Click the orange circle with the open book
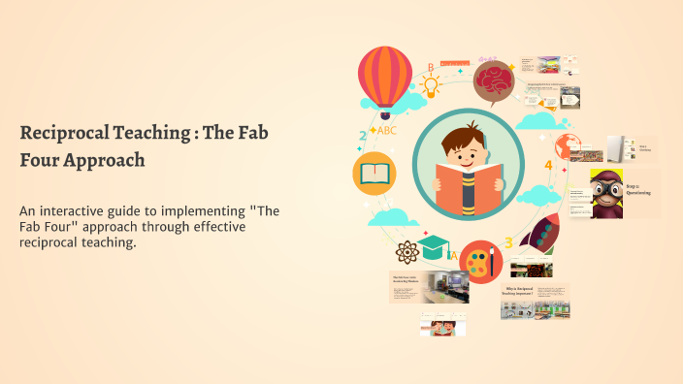pyautogui.click(x=374, y=174)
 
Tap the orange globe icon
pyautogui.click(x=568, y=144)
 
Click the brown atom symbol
pyautogui.click(x=406, y=255)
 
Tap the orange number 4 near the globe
pyautogui.click(x=549, y=166)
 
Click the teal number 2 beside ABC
pyautogui.click(x=363, y=136)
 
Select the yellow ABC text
pyautogui.click(x=387, y=130)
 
